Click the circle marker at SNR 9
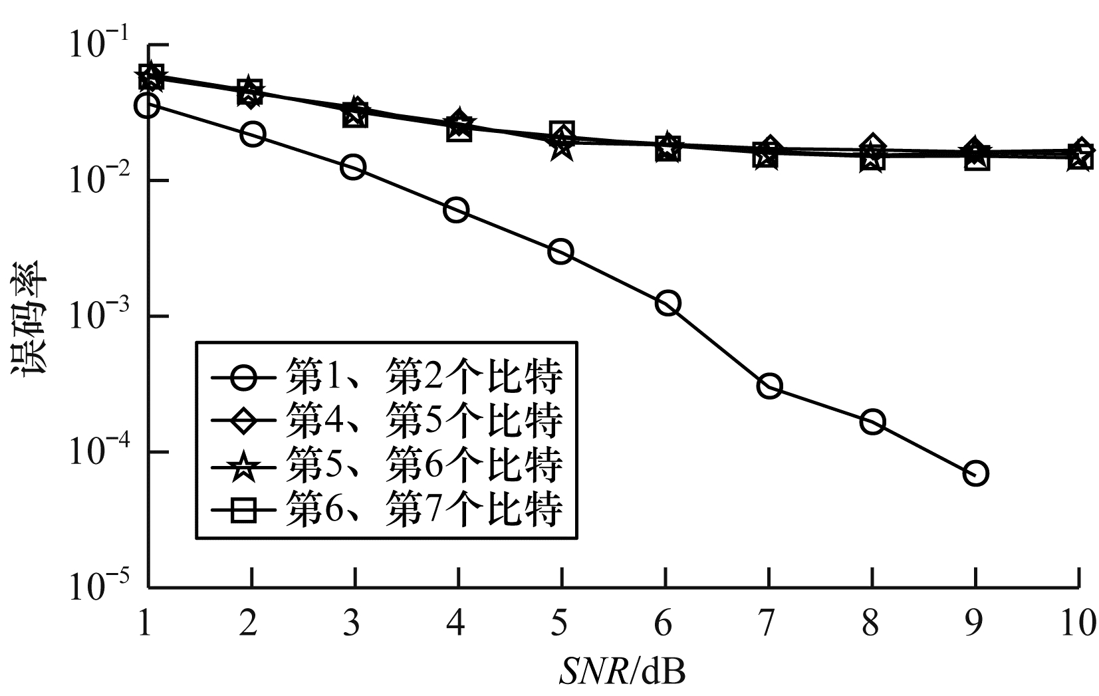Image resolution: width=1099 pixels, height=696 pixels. pos(975,473)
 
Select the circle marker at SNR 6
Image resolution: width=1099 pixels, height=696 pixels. pos(667,303)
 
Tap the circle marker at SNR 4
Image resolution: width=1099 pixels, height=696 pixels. pos(456,211)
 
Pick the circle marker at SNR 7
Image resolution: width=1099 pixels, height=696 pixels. pos(769,386)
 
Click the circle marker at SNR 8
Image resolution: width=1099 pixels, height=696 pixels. pos(872,421)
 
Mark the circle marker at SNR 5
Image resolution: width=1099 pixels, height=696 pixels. pos(561,252)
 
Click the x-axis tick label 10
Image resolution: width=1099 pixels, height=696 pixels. pos(1078,624)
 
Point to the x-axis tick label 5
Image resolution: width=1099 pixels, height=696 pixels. pos(560,624)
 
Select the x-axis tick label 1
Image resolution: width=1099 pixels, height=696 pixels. pos(146,624)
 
